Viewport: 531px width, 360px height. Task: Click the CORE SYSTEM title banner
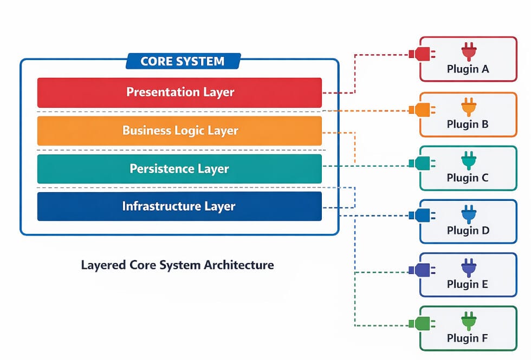pyautogui.click(x=182, y=61)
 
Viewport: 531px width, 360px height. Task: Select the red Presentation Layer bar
pyautogui.click(x=179, y=92)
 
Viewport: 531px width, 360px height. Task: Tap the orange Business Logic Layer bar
pyautogui.click(x=179, y=130)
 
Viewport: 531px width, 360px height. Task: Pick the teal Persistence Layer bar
pyautogui.click(x=179, y=169)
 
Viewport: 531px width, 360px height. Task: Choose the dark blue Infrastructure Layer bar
pyautogui.click(x=179, y=206)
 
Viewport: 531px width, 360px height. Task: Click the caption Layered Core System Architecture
pyautogui.click(x=177, y=265)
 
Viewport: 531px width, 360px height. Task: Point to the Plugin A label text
pyautogui.click(x=468, y=69)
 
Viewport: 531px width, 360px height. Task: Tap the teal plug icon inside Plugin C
pyautogui.click(x=468, y=160)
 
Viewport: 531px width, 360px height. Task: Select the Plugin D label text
pyautogui.click(x=468, y=231)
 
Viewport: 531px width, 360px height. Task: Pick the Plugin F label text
pyautogui.click(x=468, y=338)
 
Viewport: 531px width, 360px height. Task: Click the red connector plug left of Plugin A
pyautogui.click(x=420, y=54)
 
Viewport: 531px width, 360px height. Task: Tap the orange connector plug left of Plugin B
pyautogui.click(x=420, y=109)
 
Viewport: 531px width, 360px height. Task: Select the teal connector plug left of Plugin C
pyautogui.click(x=420, y=163)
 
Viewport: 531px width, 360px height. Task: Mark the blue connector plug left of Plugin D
pyautogui.click(x=420, y=215)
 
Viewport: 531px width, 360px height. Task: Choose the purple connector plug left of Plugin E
pyautogui.click(x=420, y=270)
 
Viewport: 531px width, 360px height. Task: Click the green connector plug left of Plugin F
pyautogui.click(x=420, y=324)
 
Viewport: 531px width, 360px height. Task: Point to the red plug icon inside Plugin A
pyautogui.click(x=468, y=51)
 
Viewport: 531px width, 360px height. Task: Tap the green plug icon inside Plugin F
pyautogui.click(x=468, y=320)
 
